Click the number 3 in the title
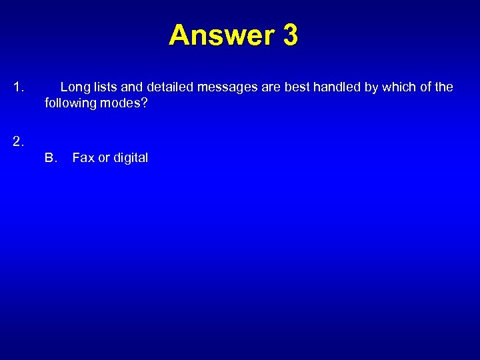point(290,35)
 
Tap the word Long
point(74,87)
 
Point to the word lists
point(104,87)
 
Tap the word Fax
point(83,158)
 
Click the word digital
point(130,158)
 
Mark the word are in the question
point(271,87)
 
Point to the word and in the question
point(132,87)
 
